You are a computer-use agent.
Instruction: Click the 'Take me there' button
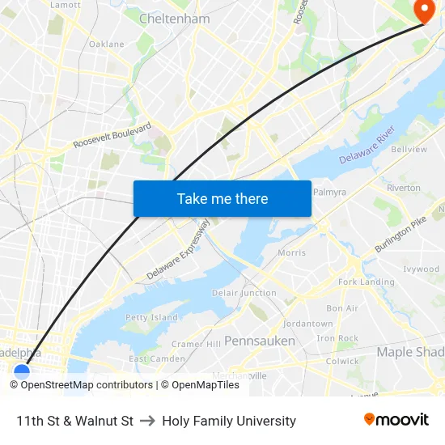222,198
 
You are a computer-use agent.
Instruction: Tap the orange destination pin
423,10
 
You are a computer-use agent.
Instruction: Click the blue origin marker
22,372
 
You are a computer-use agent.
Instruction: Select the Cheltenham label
174,19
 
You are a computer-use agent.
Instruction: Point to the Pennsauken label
259,341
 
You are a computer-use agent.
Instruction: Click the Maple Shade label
409,352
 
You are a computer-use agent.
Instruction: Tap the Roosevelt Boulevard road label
112,135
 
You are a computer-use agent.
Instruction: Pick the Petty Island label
151,317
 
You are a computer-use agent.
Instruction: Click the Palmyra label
328,193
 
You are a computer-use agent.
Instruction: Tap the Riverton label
404,188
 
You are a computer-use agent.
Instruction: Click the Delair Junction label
244,293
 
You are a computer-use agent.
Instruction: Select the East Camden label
156,358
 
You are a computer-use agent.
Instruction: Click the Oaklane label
107,44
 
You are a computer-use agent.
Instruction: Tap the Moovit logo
396,420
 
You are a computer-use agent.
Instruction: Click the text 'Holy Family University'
229,421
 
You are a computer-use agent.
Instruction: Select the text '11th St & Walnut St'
74,421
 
